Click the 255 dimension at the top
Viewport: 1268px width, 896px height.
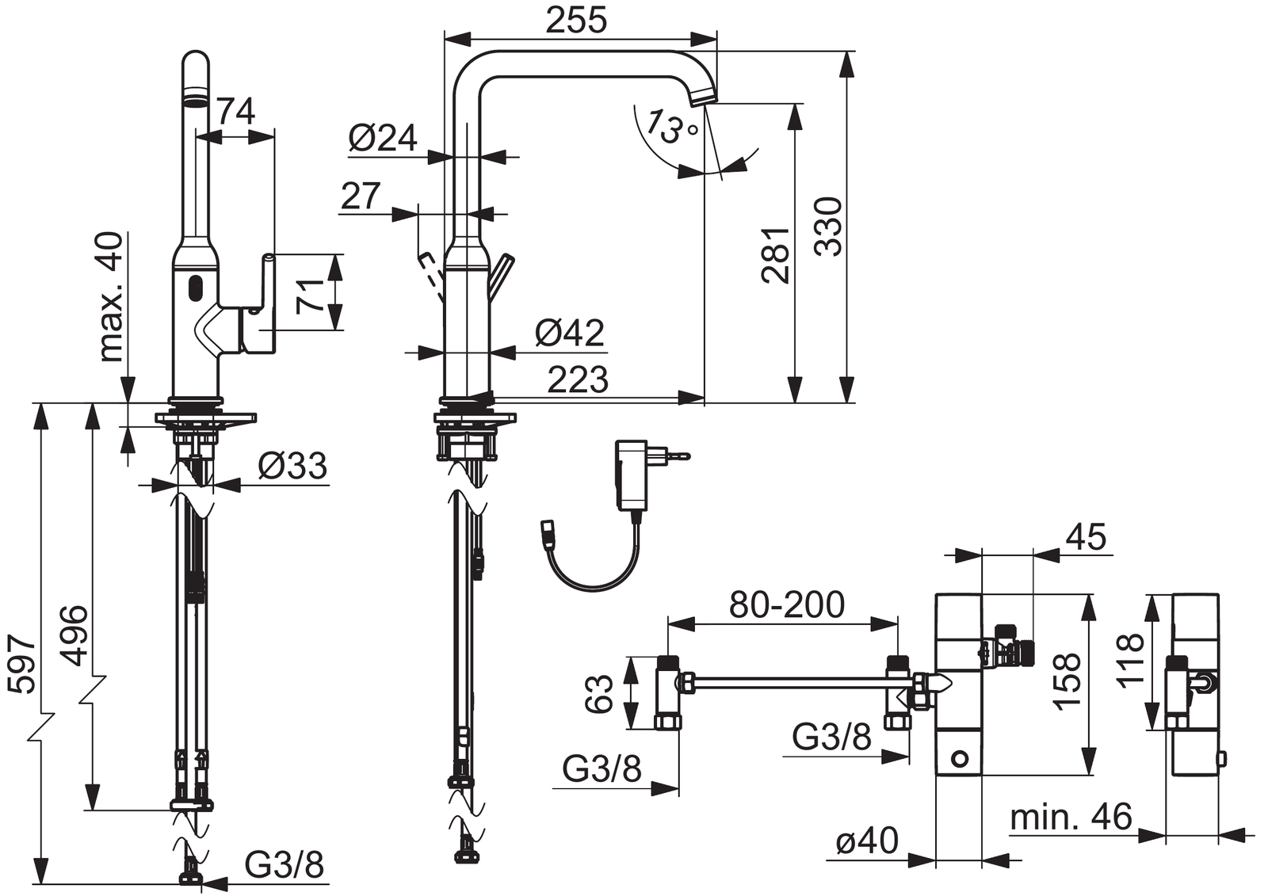(x=576, y=20)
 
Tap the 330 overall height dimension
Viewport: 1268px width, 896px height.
(x=829, y=227)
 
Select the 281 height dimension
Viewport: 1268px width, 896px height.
(x=776, y=255)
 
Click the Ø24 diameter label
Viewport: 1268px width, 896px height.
(x=382, y=139)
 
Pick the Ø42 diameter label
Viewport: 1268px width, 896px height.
(x=569, y=333)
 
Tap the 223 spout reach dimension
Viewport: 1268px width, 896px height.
(x=578, y=380)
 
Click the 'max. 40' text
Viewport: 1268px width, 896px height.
(x=111, y=296)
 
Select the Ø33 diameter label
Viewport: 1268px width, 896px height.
(x=292, y=466)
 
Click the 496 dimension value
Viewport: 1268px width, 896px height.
(x=75, y=635)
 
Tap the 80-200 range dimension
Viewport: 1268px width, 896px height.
(x=786, y=605)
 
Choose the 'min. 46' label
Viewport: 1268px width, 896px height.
(x=1071, y=817)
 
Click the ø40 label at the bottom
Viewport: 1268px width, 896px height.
(x=867, y=841)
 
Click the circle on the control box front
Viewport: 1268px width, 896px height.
(x=960, y=759)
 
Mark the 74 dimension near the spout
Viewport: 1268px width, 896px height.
(x=236, y=112)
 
